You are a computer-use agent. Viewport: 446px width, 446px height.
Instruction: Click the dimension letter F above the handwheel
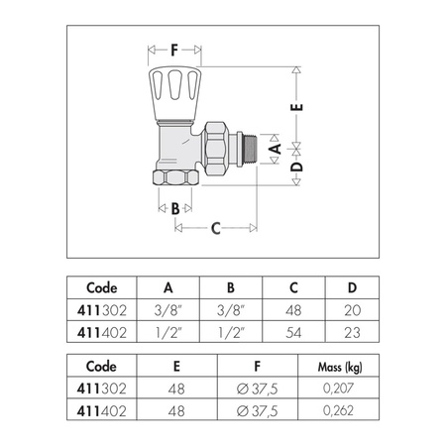[x=174, y=51]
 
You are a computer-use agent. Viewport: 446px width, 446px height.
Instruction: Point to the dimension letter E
[x=296, y=107]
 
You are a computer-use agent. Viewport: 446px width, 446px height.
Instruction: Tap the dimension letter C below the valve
[x=216, y=228]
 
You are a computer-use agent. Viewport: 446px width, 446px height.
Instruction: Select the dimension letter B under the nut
[x=175, y=208]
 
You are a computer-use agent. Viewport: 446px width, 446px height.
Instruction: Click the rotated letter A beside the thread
[x=275, y=149]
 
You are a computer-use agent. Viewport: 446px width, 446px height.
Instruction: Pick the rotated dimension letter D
[x=296, y=167]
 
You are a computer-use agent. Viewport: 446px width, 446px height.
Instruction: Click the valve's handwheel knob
[x=175, y=93]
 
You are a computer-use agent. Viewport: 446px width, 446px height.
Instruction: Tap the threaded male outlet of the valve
[x=250, y=149]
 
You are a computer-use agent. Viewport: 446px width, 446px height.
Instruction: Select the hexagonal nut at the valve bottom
[x=175, y=177]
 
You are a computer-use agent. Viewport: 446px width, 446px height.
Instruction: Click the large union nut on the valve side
[x=215, y=149]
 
